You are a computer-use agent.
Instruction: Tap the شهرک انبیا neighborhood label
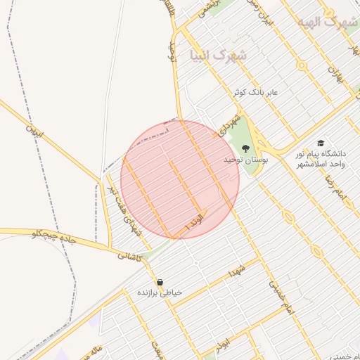point(219,54)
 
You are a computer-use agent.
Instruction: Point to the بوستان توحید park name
point(227,161)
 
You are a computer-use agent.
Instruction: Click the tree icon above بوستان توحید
point(245,148)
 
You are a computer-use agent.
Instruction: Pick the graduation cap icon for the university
point(321,143)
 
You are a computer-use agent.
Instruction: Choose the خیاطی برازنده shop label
point(159,292)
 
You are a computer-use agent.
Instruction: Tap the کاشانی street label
point(131,258)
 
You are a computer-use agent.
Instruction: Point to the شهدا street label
point(235,272)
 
